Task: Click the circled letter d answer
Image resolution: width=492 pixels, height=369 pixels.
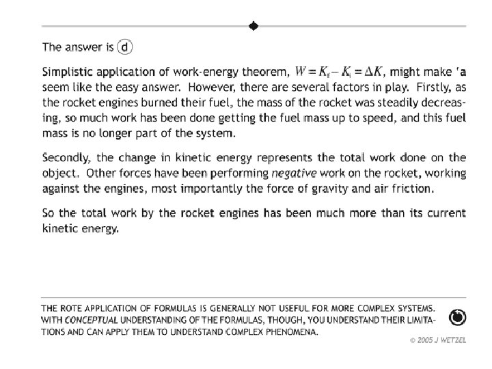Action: click(125, 47)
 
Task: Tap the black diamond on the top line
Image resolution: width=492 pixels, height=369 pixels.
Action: click(253, 27)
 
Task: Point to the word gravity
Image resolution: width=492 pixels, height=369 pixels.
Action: click(344, 188)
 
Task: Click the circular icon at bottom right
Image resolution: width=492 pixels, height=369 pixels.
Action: click(458, 317)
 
